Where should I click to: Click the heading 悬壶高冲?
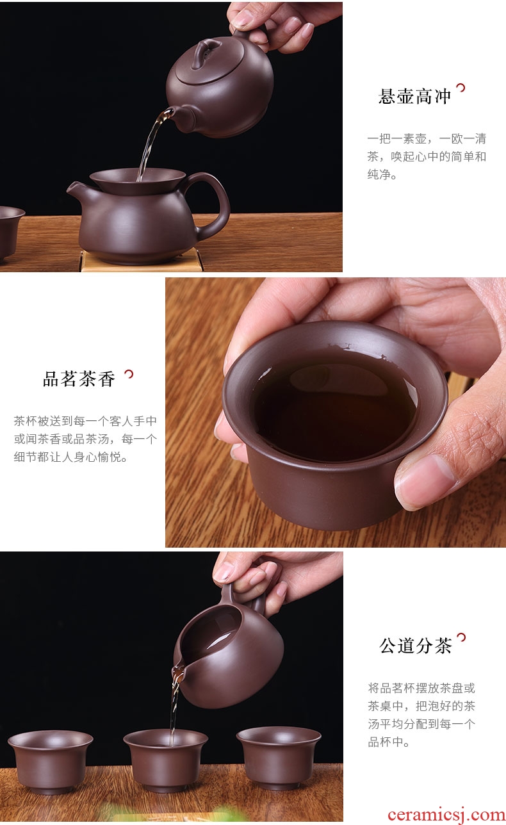(x=414, y=97)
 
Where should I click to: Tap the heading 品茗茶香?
(x=79, y=379)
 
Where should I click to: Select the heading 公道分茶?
(x=416, y=646)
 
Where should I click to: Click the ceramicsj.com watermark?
(x=446, y=815)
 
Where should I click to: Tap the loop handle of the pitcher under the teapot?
(x=209, y=202)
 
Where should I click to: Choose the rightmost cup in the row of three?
(x=279, y=758)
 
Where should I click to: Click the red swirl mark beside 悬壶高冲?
(x=461, y=88)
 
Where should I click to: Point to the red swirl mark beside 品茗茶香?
(x=129, y=374)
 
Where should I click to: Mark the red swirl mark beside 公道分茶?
(x=461, y=637)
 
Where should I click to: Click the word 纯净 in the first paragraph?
(x=379, y=174)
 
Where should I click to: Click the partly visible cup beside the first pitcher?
(x=11, y=233)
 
